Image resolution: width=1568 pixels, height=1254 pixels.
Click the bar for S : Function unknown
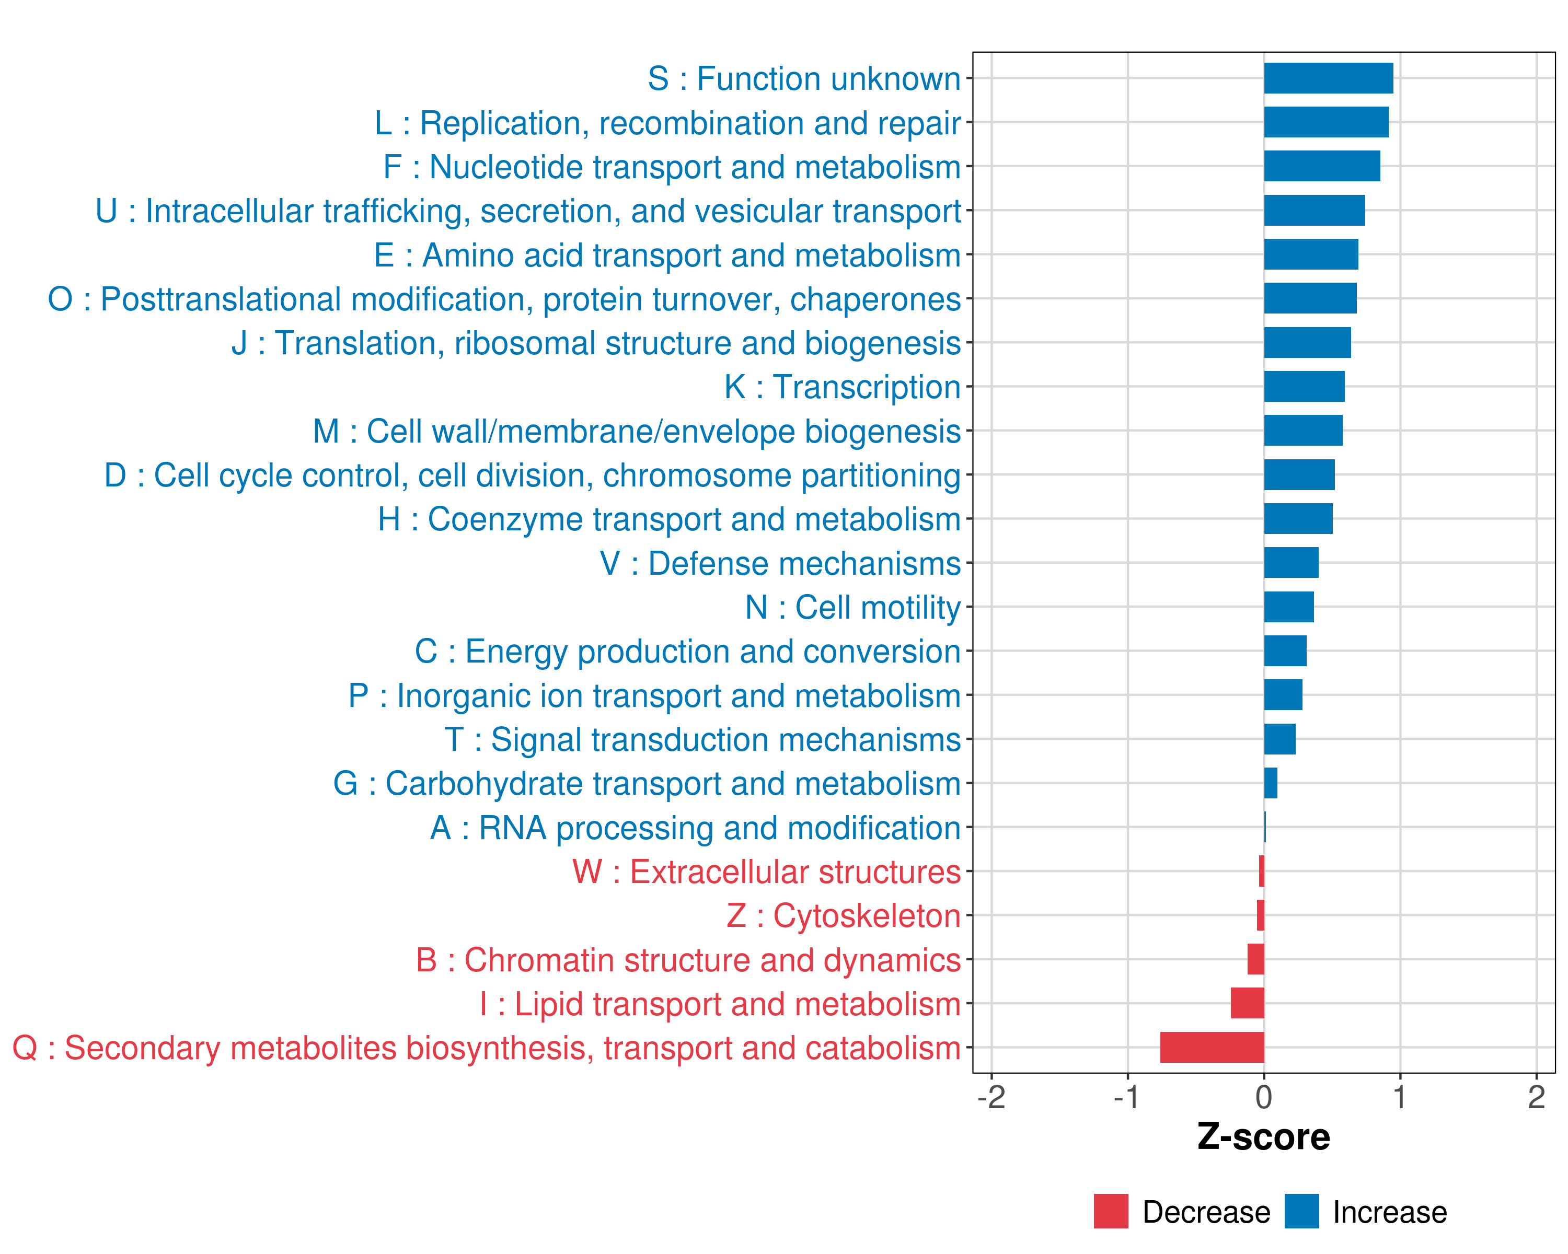click(1328, 78)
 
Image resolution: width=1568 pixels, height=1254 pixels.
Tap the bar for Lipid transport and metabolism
click(1247, 1003)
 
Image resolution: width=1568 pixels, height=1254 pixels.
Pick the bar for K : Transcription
click(1304, 387)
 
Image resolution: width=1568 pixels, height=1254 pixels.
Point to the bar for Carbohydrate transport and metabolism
click(1271, 783)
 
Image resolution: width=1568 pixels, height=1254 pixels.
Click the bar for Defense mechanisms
click(1291, 563)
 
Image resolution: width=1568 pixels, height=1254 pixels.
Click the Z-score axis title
click(1263, 1137)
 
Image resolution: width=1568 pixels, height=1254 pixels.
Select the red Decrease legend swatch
click(1111, 1211)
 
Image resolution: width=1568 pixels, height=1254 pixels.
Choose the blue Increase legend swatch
click(1301, 1211)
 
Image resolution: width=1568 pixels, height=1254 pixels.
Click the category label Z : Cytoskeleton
click(844, 916)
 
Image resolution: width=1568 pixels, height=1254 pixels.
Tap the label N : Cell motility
click(853, 608)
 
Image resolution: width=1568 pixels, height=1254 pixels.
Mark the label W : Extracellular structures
click(767, 872)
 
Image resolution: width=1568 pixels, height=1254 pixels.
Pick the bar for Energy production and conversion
click(1285, 651)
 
